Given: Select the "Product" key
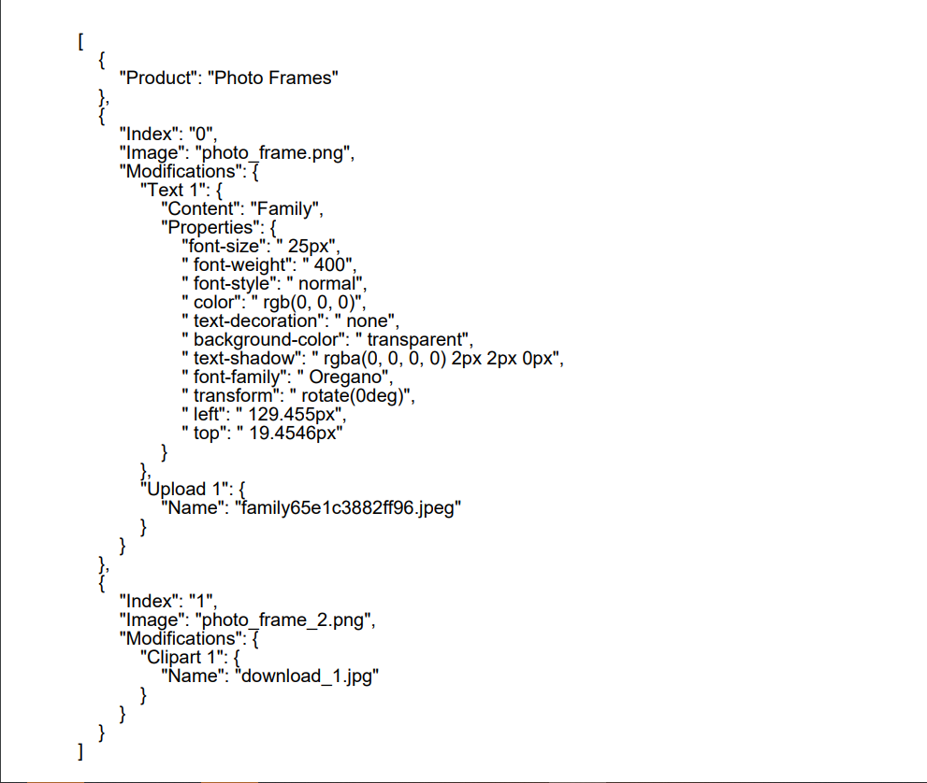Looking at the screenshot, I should coord(157,78).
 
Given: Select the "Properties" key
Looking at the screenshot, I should coord(207,228).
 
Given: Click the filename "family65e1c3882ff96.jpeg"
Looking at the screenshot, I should coord(349,508).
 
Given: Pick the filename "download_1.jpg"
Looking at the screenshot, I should coord(309,676).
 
